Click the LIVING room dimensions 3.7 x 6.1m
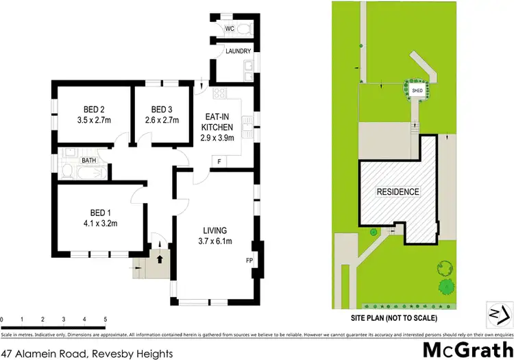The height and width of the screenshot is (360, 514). pos(215,241)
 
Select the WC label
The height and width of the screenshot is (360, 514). pos(229,29)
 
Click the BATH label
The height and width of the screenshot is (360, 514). pos(89,160)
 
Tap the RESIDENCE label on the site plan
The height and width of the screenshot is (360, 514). pos(397,192)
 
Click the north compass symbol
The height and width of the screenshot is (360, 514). pos(495,313)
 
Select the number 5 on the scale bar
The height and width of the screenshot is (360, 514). pos(105,320)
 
